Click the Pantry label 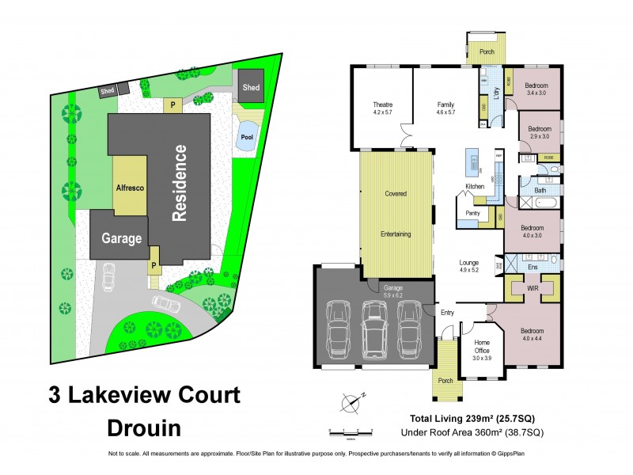(x=473, y=212)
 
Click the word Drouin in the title (x=144, y=428)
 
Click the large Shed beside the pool (x=251, y=86)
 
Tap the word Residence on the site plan (x=180, y=182)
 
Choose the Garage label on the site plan (x=121, y=237)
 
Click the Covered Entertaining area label (x=396, y=214)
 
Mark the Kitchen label (x=474, y=186)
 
